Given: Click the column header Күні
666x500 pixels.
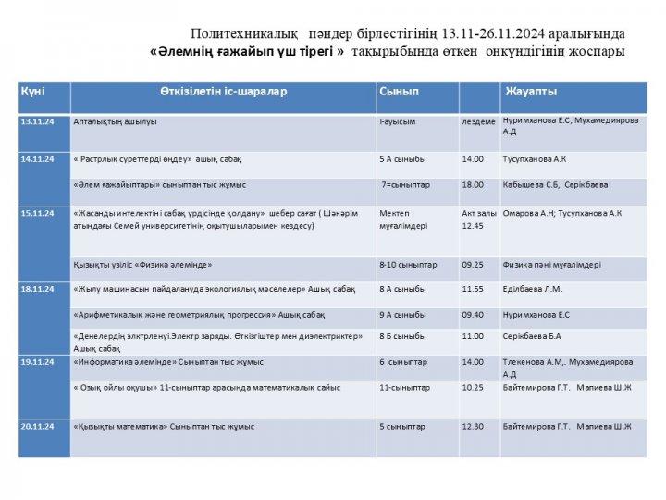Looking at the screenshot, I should point(33,93).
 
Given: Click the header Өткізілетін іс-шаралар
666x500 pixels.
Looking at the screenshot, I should point(223,92).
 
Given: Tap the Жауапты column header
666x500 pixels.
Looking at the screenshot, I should point(531,92).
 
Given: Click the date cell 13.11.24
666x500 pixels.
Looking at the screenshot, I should point(38,121).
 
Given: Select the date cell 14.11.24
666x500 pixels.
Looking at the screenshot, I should point(38,159).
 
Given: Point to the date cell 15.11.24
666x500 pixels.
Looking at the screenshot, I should point(38,213).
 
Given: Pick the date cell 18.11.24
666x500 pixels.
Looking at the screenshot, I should point(38,289).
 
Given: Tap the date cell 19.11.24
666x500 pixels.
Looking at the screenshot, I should point(38,362).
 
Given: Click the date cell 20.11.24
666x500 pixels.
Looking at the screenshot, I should point(38,427).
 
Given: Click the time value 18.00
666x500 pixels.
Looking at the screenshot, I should point(473,185).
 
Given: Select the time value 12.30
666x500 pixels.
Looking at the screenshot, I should point(473,427).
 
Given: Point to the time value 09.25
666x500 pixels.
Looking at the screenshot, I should point(473,265).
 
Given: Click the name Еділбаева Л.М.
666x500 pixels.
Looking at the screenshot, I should point(532,289).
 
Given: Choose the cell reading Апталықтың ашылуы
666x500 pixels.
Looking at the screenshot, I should point(115,121).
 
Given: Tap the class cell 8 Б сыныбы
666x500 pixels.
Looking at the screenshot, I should point(403,336).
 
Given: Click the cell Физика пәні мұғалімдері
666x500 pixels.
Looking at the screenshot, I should point(551,265).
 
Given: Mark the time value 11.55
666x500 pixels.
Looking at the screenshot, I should point(473,289).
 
